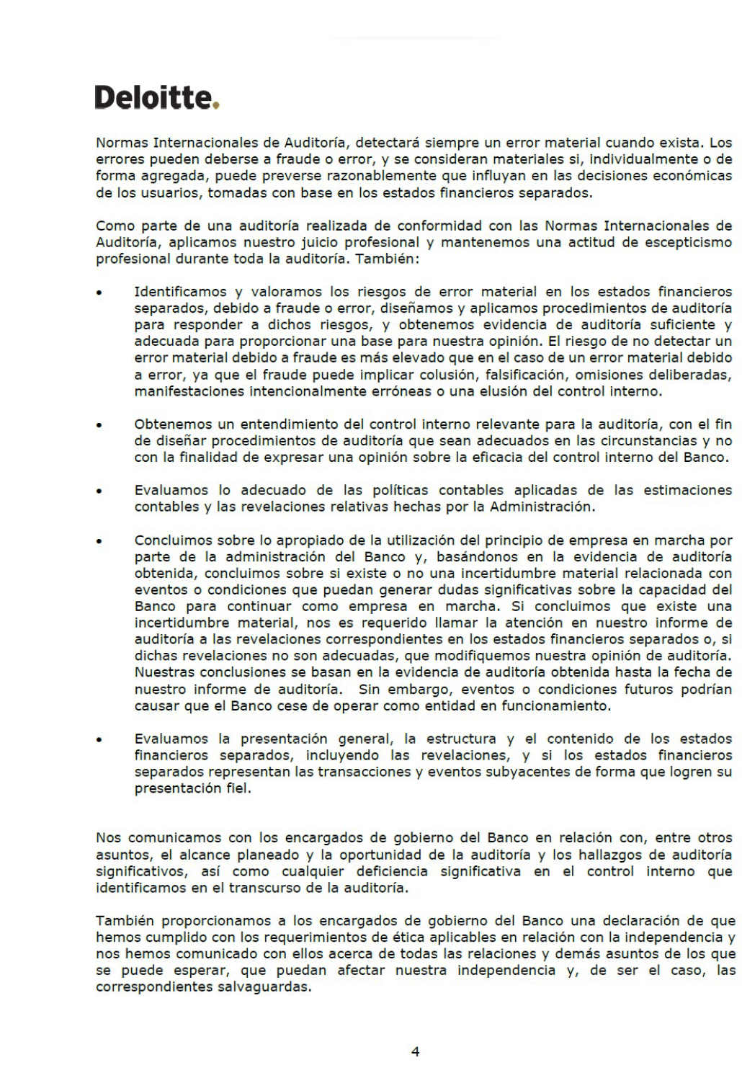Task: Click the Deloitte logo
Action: pyautogui.click(x=156, y=98)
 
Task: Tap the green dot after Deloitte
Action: pyautogui.click(x=216, y=106)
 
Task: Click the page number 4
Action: pyautogui.click(x=415, y=1051)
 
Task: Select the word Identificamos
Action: pyautogui.click(x=181, y=292)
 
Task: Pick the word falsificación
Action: pyautogui.click(x=528, y=375)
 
